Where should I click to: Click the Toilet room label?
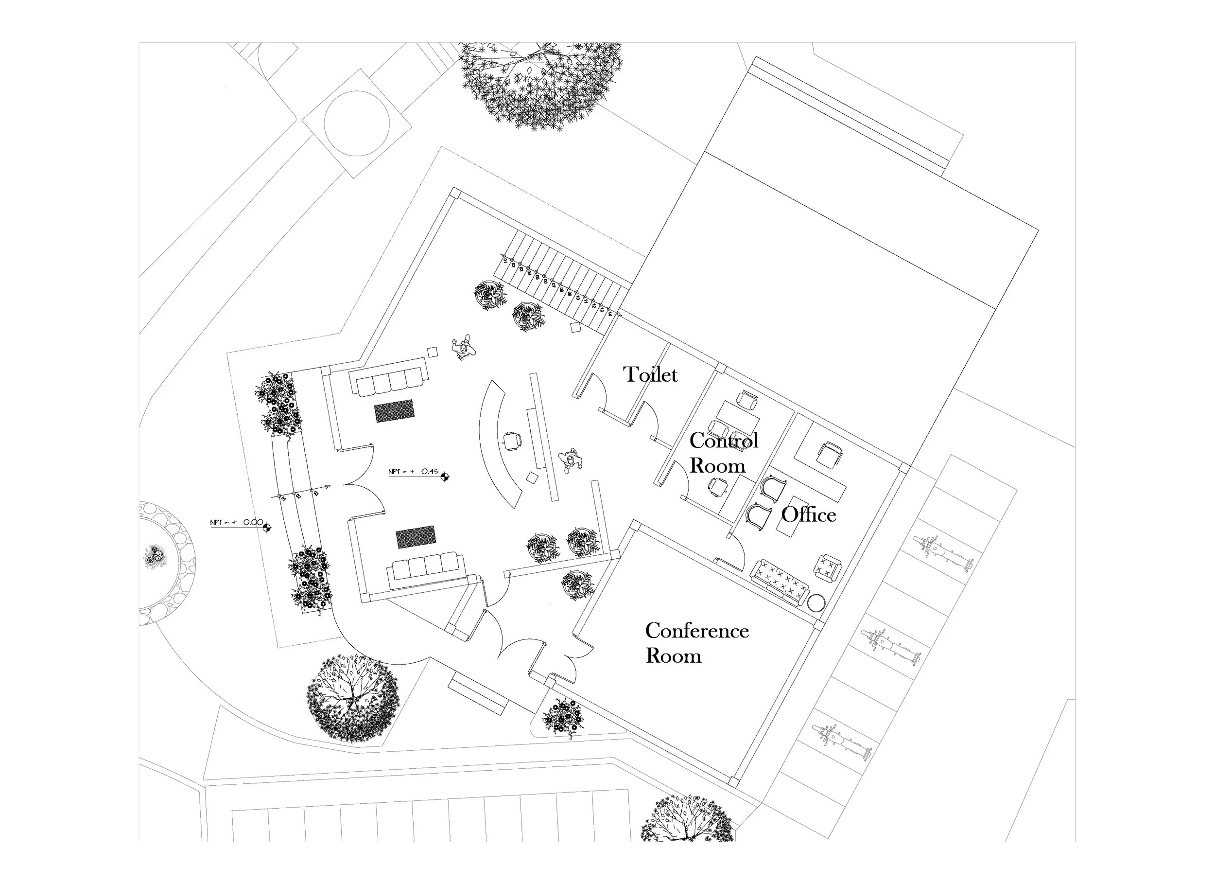tap(650, 374)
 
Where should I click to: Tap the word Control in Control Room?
tap(723, 440)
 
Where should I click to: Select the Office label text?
tap(808, 514)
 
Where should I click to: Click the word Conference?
tap(696, 631)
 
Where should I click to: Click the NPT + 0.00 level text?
tap(236, 522)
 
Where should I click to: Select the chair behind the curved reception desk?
tap(512, 441)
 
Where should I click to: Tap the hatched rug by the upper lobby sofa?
tap(394, 411)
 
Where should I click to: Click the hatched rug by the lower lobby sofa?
tap(416, 537)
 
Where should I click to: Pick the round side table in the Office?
tap(816, 603)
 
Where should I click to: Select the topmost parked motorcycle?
tap(943, 553)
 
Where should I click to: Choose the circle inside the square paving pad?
tap(357, 124)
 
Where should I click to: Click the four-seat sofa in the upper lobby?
tap(389, 378)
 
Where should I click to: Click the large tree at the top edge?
tap(541, 83)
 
